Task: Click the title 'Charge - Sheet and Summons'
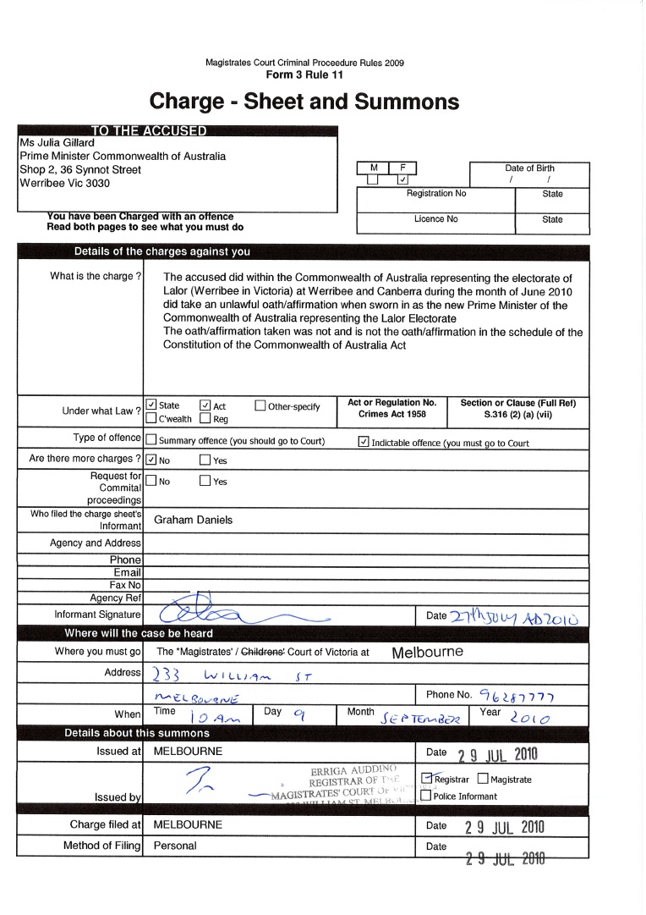click(x=304, y=102)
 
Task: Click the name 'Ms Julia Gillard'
click(x=57, y=143)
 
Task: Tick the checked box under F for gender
click(x=403, y=179)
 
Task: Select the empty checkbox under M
click(x=373, y=179)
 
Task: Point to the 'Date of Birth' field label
click(x=529, y=168)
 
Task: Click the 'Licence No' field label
click(x=435, y=219)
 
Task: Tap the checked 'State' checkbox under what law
click(x=151, y=405)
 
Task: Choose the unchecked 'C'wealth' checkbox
click(x=151, y=418)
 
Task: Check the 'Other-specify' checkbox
click(x=260, y=405)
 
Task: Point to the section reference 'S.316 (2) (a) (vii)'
click(x=523, y=415)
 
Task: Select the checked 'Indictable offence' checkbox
click(x=364, y=441)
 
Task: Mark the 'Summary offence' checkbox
click(x=151, y=440)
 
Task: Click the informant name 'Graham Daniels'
click(x=193, y=520)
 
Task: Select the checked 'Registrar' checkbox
click(x=428, y=780)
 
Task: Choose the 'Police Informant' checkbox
click(x=427, y=796)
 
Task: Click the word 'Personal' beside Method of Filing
click(x=175, y=846)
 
